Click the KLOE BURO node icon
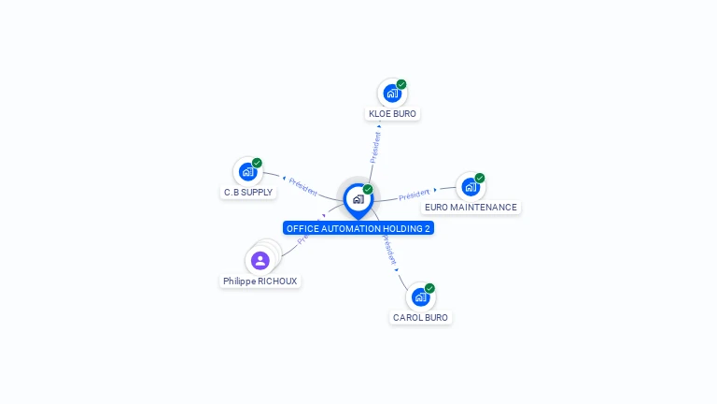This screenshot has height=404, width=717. click(x=392, y=94)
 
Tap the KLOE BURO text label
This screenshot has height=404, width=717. click(x=392, y=114)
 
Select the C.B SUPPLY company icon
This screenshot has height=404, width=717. click(x=247, y=172)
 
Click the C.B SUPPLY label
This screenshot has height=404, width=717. click(x=248, y=193)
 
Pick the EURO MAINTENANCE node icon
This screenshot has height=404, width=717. click(x=471, y=187)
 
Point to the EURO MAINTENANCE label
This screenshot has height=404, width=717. click(x=471, y=208)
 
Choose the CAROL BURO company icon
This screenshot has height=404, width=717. click(x=420, y=297)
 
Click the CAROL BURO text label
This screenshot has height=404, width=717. click(x=420, y=318)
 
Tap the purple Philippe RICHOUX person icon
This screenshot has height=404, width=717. click(x=260, y=260)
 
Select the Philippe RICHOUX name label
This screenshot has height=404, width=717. click(x=260, y=281)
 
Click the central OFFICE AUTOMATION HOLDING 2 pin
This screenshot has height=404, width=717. click(x=358, y=199)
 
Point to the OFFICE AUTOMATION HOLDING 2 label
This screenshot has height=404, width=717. click(x=358, y=228)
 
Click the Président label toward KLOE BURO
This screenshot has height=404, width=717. click(x=375, y=147)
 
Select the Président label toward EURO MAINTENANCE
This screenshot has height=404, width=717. click(x=414, y=195)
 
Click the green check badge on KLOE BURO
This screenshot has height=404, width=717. click(x=401, y=84)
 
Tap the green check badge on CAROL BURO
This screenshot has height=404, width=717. click(x=429, y=288)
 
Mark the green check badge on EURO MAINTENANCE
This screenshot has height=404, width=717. click(x=480, y=178)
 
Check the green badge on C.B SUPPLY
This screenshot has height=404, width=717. click(x=257, y=163)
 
